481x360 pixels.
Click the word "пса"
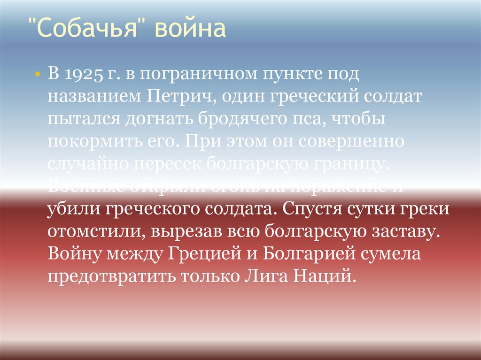click(303, 119)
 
